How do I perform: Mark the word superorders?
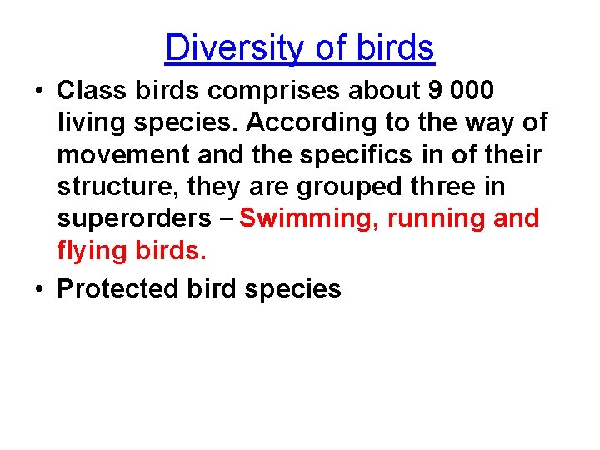(134, 219)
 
